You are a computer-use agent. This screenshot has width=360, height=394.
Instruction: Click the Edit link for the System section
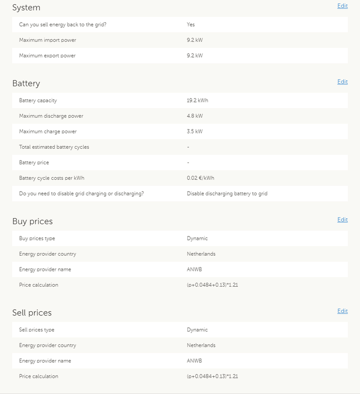pyautogui.click(x=342, y=6)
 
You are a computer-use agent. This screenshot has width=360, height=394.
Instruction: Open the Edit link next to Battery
pyautogui.click(x=342, y=82)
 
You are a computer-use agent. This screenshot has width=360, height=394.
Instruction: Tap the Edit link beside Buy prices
pyautogui.click(x=342, y=220)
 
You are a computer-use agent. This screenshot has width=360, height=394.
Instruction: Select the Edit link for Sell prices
pyautogui.click(x=342, y=311)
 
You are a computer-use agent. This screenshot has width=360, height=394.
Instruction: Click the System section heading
pyautogui.click(x=26, y=8)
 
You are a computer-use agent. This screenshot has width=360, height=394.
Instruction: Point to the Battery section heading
pyautogui.click(x=26, y=83)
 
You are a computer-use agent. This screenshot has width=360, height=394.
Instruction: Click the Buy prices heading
pyautogui.click(x=33, y=221)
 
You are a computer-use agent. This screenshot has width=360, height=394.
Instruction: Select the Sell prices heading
pyautogui.click(x=32, y=313)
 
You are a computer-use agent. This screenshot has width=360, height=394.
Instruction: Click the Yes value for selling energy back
pyautogui.click(x=191, y=24)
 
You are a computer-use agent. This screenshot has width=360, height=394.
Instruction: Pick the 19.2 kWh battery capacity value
pyautogui.click(x=197, y=100)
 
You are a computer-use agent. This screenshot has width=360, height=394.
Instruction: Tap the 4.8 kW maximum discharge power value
pyautogui.click(x=195, y=116)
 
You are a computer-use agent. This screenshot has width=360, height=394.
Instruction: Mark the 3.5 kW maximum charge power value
pyautogui.click(x=195, y=131)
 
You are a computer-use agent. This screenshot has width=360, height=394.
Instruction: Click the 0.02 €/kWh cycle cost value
pyautogui.click(x=200, y=178)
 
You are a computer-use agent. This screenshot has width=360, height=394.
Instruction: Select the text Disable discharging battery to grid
pyautogui.click(x=227, y=194)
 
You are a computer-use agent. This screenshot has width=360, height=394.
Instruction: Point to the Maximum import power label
pyautogui.click(x=47, y=40)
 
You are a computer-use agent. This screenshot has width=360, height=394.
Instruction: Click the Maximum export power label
pyautogui.click(x=47, y=56)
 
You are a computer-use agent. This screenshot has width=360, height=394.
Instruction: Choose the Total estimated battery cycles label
pyautogui.click(x=54, y=147)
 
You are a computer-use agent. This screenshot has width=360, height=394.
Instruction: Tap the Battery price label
pyautogui.click(x=34, y=163)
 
